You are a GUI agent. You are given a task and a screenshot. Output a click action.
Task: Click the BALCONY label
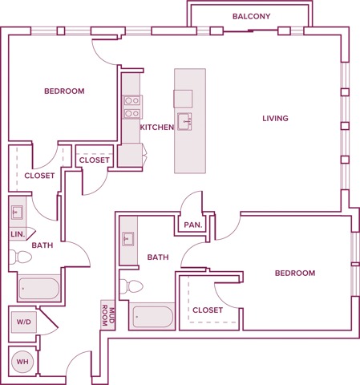pos(252,16)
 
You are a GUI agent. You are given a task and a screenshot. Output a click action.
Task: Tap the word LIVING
pos(275,119)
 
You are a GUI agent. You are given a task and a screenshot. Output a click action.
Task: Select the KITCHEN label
pos(156,128)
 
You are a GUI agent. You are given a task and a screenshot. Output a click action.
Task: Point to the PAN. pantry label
pos(192,225)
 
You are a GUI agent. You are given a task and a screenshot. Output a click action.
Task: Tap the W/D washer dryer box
pos(22,322)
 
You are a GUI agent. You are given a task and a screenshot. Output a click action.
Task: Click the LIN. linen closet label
pos(17,233)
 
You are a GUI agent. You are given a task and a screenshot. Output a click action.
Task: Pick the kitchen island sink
pos(184,122)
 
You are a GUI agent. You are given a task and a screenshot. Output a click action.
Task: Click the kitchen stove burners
pos(131,107)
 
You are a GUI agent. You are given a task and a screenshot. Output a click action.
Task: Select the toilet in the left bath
pos(20,257)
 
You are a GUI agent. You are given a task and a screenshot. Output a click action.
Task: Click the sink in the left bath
pos(18,213)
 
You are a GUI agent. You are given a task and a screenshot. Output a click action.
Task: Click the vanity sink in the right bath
pos(128,240)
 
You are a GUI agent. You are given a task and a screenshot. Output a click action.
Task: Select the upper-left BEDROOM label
pos(64,91)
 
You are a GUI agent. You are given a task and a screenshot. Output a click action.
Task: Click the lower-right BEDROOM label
pos(294,274)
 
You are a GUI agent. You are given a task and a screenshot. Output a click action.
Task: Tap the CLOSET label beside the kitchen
pos(95,160)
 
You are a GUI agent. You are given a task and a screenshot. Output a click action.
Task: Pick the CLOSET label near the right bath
pos(208,309)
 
